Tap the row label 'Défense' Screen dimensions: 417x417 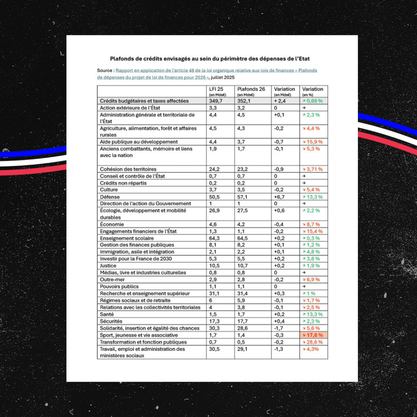(110, 197)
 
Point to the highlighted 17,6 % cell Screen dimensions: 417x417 (313, 335)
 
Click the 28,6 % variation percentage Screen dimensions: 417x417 (313, 342)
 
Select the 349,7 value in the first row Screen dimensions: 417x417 (216, 101)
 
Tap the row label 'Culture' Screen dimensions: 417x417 (109, 190)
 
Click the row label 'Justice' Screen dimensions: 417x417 (108, 266)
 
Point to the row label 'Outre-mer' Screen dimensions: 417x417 (112, 280)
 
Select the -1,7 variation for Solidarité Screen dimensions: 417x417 (279, 328)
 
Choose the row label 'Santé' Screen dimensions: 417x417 (107, 314)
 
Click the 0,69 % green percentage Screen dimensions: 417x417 (313, 101)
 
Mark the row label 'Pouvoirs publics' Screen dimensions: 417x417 (119, 287)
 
